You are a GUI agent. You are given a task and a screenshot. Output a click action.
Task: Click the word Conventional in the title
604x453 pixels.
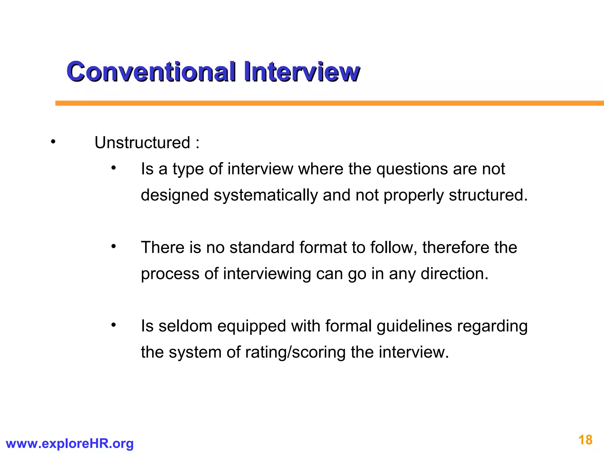click(x=151, y=72)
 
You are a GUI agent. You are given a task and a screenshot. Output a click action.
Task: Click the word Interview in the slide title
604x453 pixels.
click(x=302, y=72)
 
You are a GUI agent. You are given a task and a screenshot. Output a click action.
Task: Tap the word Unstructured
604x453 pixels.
click(x=142, y=143)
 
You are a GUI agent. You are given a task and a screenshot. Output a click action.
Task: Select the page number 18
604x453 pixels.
click(x=585, y=440)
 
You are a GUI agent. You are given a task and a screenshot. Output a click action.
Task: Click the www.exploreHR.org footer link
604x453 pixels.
click(x=70, y=443)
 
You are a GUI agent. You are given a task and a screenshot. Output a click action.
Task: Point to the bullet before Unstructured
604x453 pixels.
click(x=53, y=142)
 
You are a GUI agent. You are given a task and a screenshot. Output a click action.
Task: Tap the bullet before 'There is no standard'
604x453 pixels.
click(x=114, y=247)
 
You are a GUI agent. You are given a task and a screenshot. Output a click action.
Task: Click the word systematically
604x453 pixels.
click(x=266, y=196)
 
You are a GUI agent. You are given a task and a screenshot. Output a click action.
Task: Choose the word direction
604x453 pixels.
click(x=454, y=274)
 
